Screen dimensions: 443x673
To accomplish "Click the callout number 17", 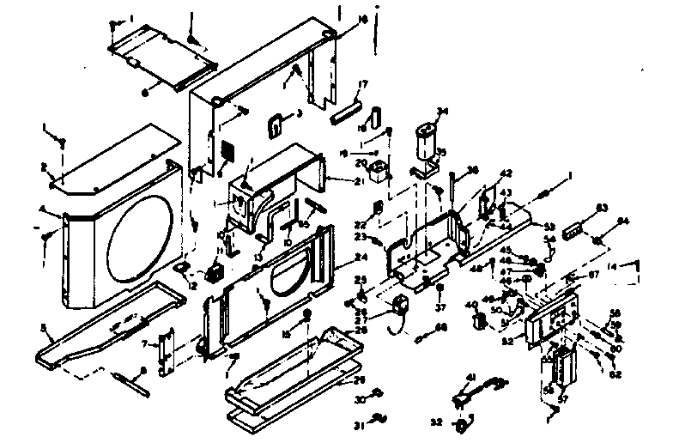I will tap(363, 84).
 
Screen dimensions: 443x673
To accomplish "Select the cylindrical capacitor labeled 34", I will tap(425, 140).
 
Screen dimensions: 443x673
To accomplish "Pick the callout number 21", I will tap(334, 182).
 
